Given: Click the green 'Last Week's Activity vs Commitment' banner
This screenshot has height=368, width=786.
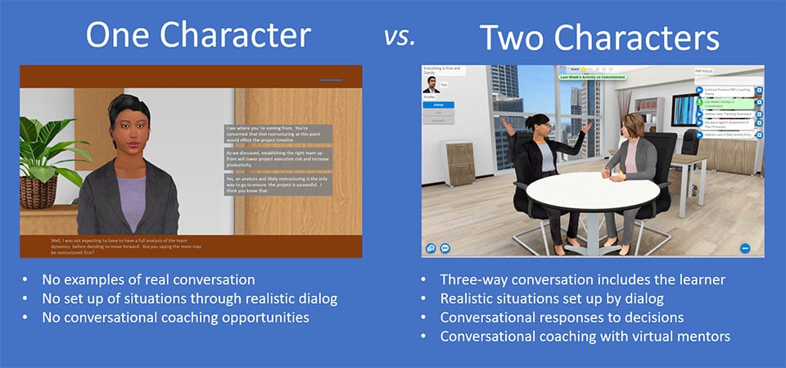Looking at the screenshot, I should click(x=591, y=77).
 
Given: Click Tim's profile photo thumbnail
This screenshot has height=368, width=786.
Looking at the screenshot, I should click(x=431, y=85).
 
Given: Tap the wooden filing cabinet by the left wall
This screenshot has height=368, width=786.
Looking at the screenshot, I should click(x=460, y=163).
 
